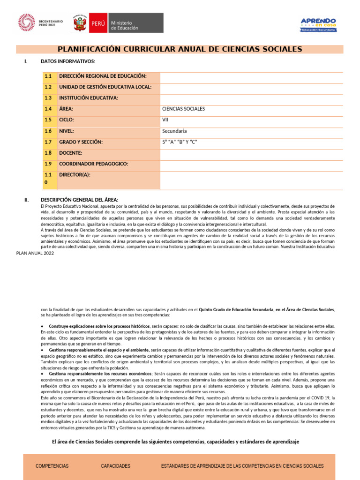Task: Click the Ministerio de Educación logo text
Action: click(x=124, y=25)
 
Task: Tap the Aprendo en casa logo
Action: click(x=318, y=25)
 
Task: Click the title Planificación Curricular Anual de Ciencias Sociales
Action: click(x=180, y=49)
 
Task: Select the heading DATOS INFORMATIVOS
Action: click(x=68, y=61)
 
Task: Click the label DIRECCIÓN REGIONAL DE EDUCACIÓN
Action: click(x=103, y=76)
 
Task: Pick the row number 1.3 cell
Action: click(x=48, y=98)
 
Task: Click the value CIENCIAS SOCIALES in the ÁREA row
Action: click(x=183, y=109)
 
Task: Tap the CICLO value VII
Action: click(x=165, y=120)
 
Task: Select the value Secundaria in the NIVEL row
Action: click(x=174, y=131)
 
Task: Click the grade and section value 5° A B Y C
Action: click(x=180, y=142)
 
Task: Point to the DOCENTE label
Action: click(x=71, y=153)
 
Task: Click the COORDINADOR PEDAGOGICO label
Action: click(x=94, y=164)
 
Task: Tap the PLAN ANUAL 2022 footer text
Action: click(x=35, y=253)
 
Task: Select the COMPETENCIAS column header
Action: click(x=52, y=466)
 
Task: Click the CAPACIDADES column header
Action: click(x=115, y=466)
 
